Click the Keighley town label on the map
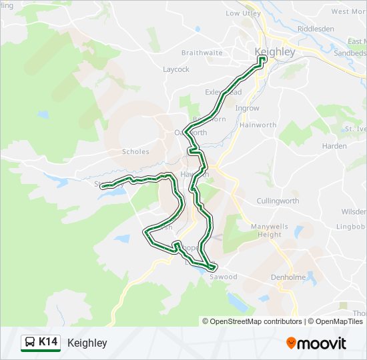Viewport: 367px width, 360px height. click(x=275, y=51)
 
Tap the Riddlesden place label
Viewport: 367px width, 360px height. click(x=316, y=29)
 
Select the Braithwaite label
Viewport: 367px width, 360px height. click(x=202, y=53)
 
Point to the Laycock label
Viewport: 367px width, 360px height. click(x=176, y=69)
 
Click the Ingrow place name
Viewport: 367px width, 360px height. click(x=247, y=108)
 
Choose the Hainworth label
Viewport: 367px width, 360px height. click(x=258, y=125)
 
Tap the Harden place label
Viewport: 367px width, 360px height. click(x=334, y=146)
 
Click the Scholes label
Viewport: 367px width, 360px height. click(x=135, y=151)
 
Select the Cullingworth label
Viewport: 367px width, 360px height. click(x=278, y=201)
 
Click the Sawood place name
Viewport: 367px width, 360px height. click(x=223, y=277)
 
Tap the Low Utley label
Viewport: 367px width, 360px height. click(x=242, y=13)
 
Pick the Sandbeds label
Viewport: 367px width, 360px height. click(x=350, y=53)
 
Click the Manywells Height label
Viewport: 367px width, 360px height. click(x=270, y=231)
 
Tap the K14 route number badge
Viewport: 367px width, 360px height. click(x=48, y=343)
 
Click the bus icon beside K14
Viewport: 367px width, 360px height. click(x=30, y=343)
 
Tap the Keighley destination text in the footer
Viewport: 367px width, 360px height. click(x=87, y=343)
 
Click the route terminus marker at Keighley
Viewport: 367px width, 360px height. click(x=262, y=59)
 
